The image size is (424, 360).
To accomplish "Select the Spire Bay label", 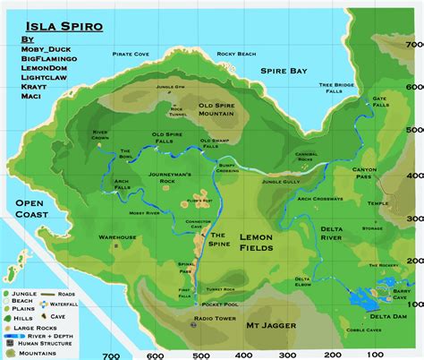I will (x=284, y=69).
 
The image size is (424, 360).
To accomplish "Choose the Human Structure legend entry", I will (x=42, y=343).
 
